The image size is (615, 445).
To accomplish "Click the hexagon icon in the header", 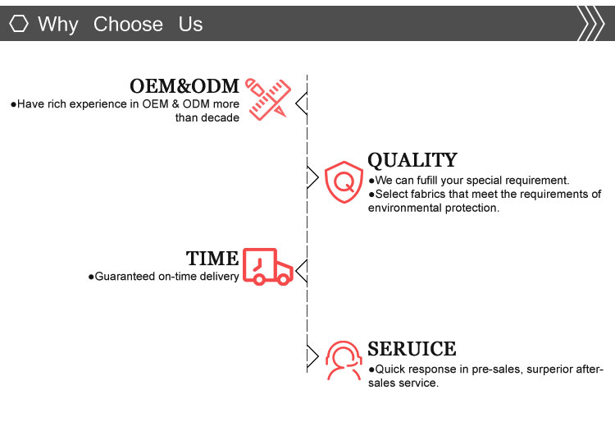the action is pyautogui.click(x=18, y=24).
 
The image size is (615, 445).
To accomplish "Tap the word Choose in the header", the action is pyautogui.click(x=128, y=24).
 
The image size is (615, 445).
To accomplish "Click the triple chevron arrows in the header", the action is pyautogui.click(x=590, y=23).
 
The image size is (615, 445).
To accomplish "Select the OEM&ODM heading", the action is pyautogui.click(x=184, y=86).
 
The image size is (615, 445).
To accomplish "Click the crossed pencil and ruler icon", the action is pyautogui.click(x=268, y=99).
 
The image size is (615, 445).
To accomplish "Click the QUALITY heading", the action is pyautogui.click(x=412, y=160).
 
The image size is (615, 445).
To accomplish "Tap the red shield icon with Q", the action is pyautogui.click(x=344, y=181).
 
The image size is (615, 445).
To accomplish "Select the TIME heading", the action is pyautogui.click(x=212, y=259).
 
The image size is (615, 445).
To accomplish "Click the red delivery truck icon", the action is pyautogui.click(x=268, y=266).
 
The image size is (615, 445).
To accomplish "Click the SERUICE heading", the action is pyautogui.click(x=412, y=349).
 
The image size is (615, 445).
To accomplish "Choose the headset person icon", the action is pyautogui.click(x=344, y=360).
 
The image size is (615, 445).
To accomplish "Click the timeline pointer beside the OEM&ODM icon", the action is pyautogui.click(x=301, y=103).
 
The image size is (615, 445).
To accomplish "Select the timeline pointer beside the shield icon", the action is pyautogui.click(x=312, y=177).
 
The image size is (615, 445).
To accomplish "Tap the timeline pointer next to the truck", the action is pyautogui.click(x=301, y=271).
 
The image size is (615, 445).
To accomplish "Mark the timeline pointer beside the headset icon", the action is pyautogui.click(x=312, y=356).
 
